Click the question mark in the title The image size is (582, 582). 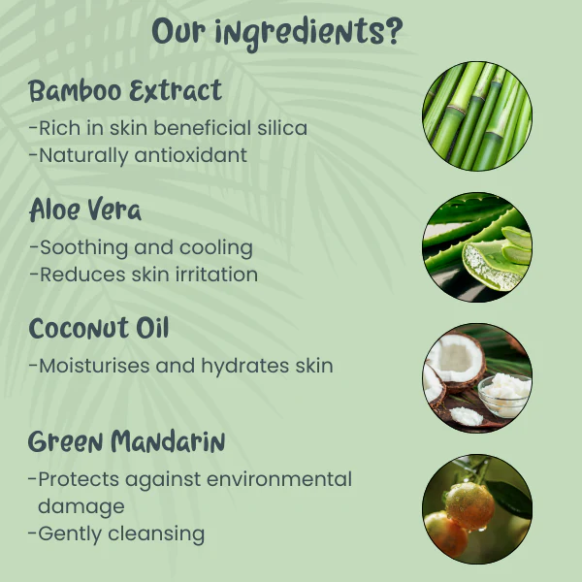(393, 31)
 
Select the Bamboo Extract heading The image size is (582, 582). (125, 90)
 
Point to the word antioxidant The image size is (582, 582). (191, 155)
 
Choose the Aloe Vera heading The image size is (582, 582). (85, 210)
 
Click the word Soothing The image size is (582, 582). (83, 248)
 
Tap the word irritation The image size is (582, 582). (216, 275)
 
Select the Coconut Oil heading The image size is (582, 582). (99, 328)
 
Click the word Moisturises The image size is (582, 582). (95, 366)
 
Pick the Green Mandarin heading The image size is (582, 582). (126, 441)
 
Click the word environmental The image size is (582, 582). (279, 479)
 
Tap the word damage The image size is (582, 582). (81, 507)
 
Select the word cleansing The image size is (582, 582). (156, 534)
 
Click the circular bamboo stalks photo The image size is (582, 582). (477, 116)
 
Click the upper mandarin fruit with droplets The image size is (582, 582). (469, 505)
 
